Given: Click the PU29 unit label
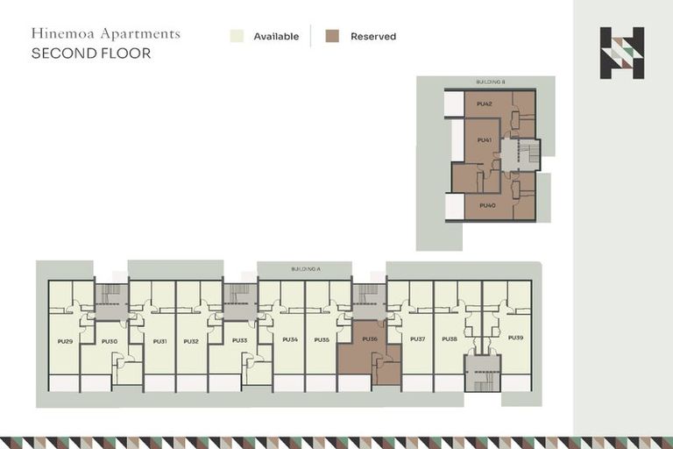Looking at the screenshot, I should (64, 340).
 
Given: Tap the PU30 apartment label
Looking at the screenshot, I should (110, 340).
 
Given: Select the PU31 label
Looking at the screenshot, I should (159, 340).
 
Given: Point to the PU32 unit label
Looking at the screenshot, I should (192, 340).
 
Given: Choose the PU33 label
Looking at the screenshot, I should (239, 339).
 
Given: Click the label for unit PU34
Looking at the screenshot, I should (290, 339).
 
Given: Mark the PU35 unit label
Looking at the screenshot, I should (322, 339).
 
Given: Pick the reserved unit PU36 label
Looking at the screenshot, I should (369, 339).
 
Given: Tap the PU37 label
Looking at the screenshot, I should (418, 339).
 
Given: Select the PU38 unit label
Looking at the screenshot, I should (450, 339).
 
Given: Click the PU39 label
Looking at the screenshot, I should (515, 338).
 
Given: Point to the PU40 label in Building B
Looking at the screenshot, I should (488, 205).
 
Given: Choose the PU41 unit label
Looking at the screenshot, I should (484, 139).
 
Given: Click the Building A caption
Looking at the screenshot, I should (304, 267).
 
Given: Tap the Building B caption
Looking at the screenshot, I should (492, 82).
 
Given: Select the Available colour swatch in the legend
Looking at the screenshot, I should (237, 36).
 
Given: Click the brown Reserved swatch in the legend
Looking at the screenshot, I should (332, 36).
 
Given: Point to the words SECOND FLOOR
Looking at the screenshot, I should (90, 53).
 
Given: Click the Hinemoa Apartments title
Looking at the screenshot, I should (105, 33).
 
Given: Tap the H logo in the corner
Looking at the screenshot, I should (621, 53).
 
